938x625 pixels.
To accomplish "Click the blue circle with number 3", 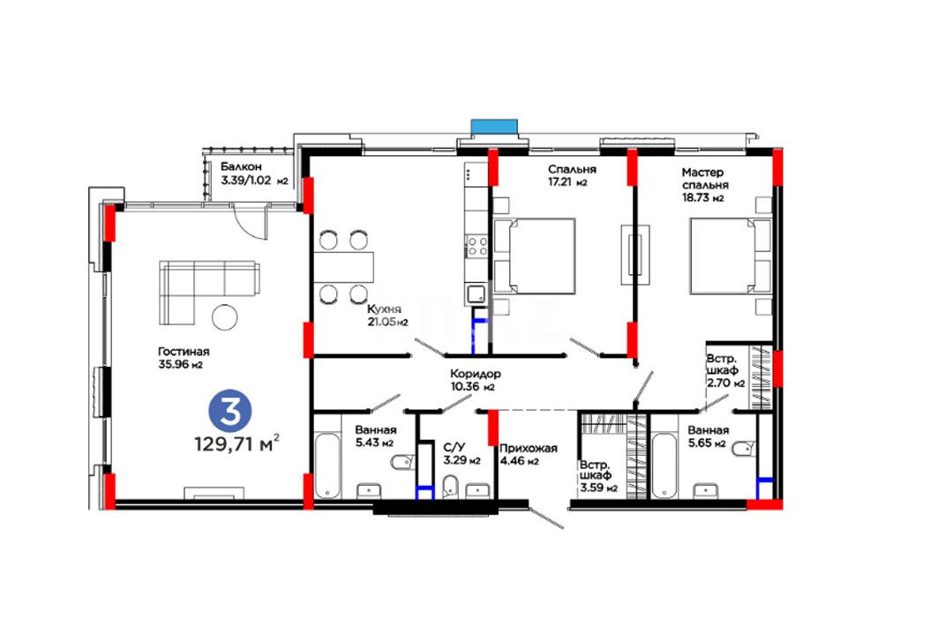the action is point(229,411).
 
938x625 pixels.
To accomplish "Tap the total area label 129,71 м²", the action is point(236,444).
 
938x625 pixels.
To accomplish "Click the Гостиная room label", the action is point(184,352).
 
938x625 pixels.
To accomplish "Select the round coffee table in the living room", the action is point(225,316).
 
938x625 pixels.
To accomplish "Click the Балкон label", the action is point(241,167).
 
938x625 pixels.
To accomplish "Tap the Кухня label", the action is point(384,309).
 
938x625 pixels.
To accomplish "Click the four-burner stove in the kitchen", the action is point(477,246).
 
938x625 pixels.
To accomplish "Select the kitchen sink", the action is point(477,294).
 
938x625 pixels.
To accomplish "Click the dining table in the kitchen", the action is point(344,266).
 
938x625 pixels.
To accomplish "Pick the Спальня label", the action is point(572,169).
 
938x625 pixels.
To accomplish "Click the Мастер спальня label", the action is point(705,179).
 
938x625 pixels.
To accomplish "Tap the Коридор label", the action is point(476,374).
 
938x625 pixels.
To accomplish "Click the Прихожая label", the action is point(529,448).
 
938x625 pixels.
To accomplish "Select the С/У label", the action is point(454,448).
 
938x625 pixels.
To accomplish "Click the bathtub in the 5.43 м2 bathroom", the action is point(327,465).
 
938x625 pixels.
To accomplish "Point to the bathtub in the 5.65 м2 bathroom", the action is point(664,465).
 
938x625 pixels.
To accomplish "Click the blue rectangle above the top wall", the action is point(493,127).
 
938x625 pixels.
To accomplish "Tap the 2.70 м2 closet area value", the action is point(725,383).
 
